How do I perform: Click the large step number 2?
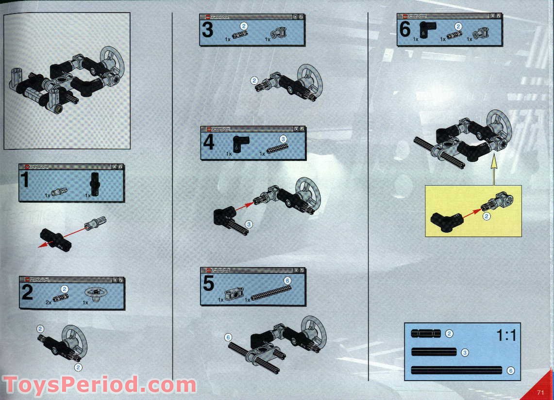pyautogui.click(x=27, y=292)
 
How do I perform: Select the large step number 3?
pyautogui.click(x=207, y=30)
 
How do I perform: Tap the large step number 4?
pyautogui.click(x=208, y=143)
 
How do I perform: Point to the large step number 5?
pyautogui.click(x=208, y=284)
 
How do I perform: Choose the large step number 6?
pyautogui.click(x=405, y=30)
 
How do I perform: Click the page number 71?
pyautogui.click(x=540, y=392)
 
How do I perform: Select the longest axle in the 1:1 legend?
pyautogui.click(x=456, y=370)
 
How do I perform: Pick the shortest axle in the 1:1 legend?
pyautogui.click(x=426, y=334)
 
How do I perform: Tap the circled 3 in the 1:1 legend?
pyautogui.click(x=465, y=352)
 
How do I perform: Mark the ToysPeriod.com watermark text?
pyautogui.click(x=99, y=385)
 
